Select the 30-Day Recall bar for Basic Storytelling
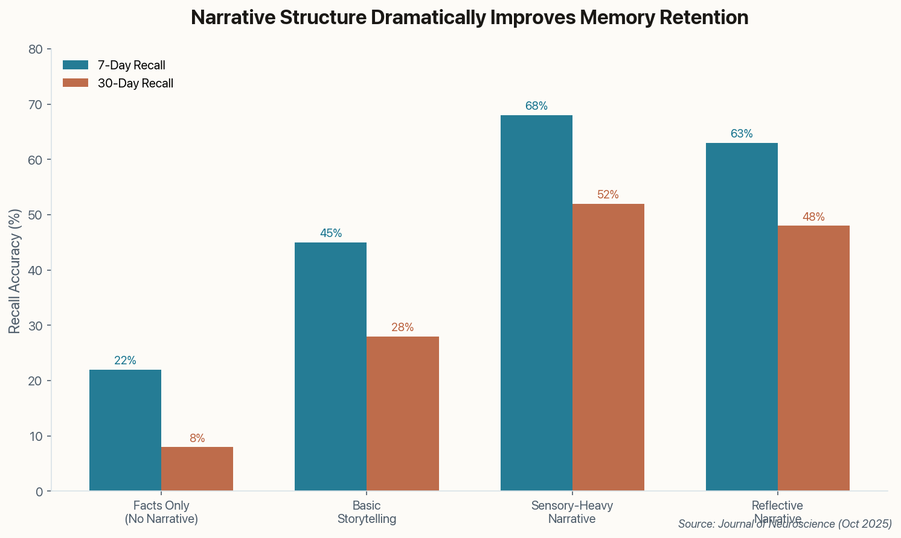(403, 414)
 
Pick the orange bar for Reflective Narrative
(813, 358)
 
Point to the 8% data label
(197, 438)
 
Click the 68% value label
(536, 106)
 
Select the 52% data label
(608, 195)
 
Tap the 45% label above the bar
(331, 233)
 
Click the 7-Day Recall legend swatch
(75, 65)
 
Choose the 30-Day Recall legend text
(135, 84)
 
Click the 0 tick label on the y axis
(39, 492)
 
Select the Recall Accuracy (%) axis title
(15, 271)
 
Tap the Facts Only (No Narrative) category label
(161, 512)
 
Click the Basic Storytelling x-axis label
(367, 512)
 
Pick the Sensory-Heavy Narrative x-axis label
(572, 512)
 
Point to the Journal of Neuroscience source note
(785, 524)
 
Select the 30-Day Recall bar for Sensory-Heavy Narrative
(608, 347)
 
